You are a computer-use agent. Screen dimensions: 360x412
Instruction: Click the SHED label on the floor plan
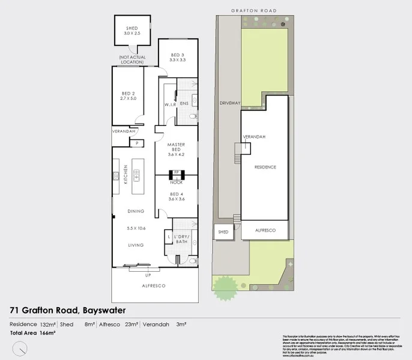132,28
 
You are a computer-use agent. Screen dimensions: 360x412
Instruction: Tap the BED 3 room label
178,56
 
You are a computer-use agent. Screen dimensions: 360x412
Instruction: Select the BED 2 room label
128,93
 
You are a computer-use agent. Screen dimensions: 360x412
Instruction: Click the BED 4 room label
177,194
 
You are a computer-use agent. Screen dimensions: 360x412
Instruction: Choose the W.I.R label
170,104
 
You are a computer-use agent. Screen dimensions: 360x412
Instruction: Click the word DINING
136,211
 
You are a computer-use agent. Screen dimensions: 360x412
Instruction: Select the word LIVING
136,245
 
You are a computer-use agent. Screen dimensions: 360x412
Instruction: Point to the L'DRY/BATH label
182,239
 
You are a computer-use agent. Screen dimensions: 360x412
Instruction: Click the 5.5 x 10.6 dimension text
136,228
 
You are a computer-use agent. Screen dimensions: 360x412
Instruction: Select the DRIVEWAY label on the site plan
230,103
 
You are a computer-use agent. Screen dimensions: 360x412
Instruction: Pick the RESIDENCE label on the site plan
265,167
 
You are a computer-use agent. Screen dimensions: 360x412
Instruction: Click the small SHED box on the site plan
223,232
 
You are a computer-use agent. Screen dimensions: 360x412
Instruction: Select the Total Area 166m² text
33,332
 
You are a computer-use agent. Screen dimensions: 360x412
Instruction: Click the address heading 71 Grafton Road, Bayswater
68,310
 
